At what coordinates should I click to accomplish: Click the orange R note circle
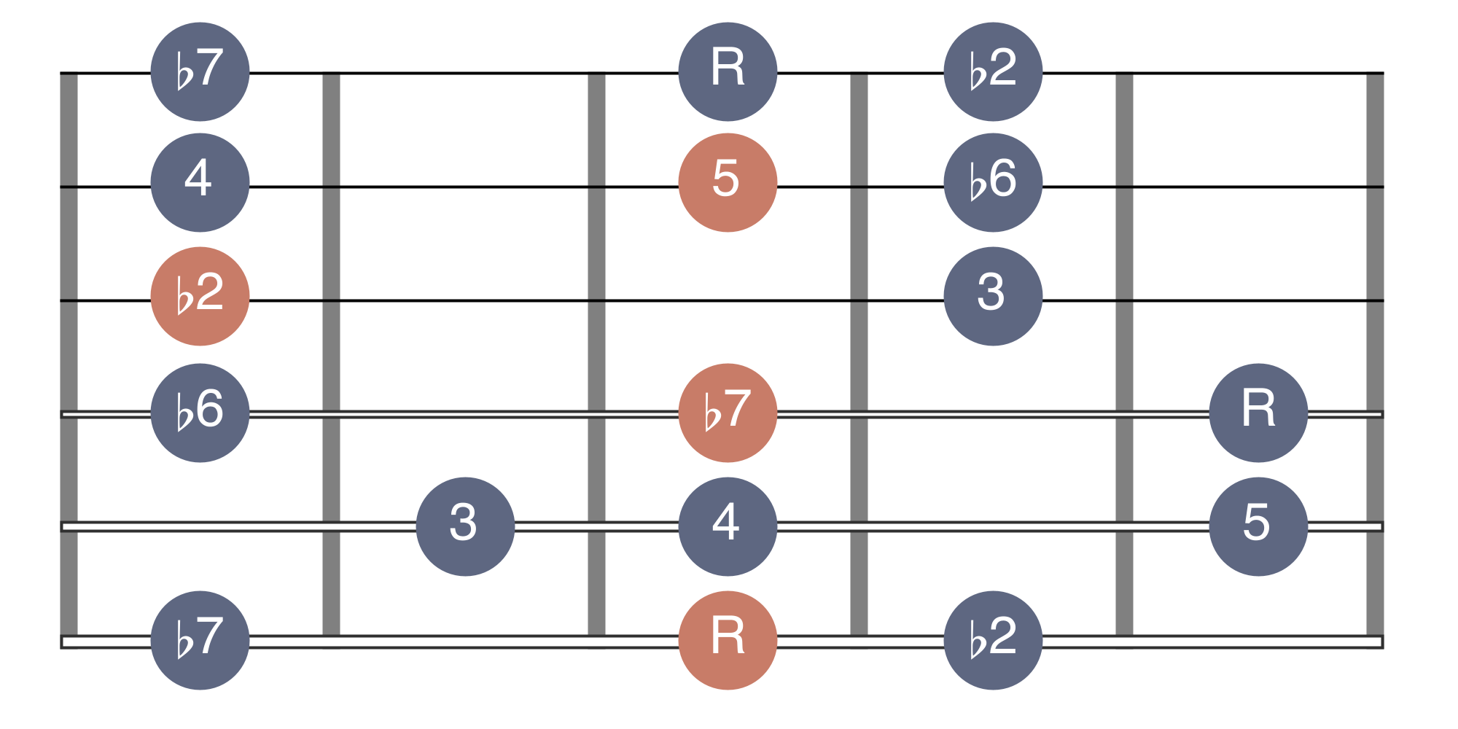point(728,640)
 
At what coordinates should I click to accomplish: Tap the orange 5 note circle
point(728,182)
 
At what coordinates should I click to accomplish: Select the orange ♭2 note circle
point(200,296)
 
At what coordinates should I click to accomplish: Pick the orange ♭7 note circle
point(728,413)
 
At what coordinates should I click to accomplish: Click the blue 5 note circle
point(1258,526)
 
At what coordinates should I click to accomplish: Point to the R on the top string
point(728,71)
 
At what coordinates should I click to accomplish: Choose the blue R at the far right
point(1258,413)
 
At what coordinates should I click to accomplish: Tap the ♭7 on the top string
point(200,71)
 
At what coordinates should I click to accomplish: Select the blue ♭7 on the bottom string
point(200,640)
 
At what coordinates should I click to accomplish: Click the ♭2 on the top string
point(993,71)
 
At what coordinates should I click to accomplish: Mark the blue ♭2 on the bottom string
point(993,640)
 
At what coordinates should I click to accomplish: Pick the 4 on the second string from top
point(200,182)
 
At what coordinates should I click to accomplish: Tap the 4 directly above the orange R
point(728,526)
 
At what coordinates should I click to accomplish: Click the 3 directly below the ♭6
point(993,296)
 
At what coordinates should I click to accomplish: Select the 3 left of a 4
point(465,526)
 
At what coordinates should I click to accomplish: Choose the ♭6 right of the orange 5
point(993,182)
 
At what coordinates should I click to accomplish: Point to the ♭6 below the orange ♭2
point(200,413)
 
